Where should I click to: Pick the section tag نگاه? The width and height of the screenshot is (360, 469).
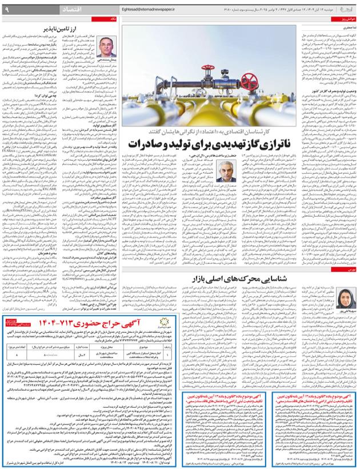coord(113,19)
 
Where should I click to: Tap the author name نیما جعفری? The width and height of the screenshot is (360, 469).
coord(346,27)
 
